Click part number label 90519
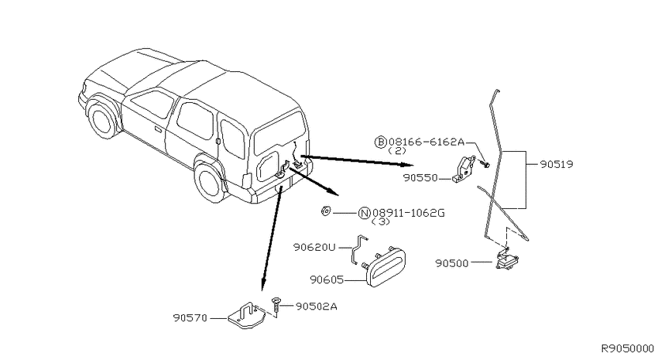[x=556, y=164]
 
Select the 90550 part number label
[x=420, y=178]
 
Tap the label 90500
[x=452, y=263]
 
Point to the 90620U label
[x=314, y=248]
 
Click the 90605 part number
[x=327, y=279]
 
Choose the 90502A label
[x=317, y=307]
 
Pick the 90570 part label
[x=190, y=318]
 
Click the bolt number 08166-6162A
[x=427, y=142]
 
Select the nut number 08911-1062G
[x=408, y=213]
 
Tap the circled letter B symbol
[x=380, y=142]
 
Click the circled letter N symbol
[x=364, y=213]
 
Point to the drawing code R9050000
[x=628, y=348]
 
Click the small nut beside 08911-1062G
[x=325, y=211]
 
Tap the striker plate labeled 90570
[x=246, y=315]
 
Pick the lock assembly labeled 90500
[x=506, y=259]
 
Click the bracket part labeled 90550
[x=464, y=169]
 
